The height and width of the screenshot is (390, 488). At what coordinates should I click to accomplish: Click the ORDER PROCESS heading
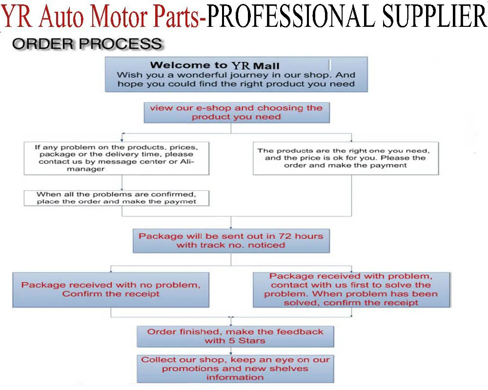click(86, 43)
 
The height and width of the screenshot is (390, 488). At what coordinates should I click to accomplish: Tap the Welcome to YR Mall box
click(236, 74)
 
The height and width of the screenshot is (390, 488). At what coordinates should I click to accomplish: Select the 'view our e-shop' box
click(236, 112)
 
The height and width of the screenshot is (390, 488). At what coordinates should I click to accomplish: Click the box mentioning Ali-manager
click(117, 158)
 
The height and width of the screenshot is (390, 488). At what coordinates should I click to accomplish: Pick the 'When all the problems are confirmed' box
click(117, 198)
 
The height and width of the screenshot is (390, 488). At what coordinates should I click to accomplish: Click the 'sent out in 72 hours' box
click(231, 240)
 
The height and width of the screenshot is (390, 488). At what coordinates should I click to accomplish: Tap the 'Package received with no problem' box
click(111, 289)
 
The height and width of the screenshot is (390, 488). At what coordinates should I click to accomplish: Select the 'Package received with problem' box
click(351, 289)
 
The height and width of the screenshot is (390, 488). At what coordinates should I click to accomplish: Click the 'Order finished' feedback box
click(235, 336)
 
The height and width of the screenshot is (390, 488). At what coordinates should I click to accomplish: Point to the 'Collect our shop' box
click(235, 368)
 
